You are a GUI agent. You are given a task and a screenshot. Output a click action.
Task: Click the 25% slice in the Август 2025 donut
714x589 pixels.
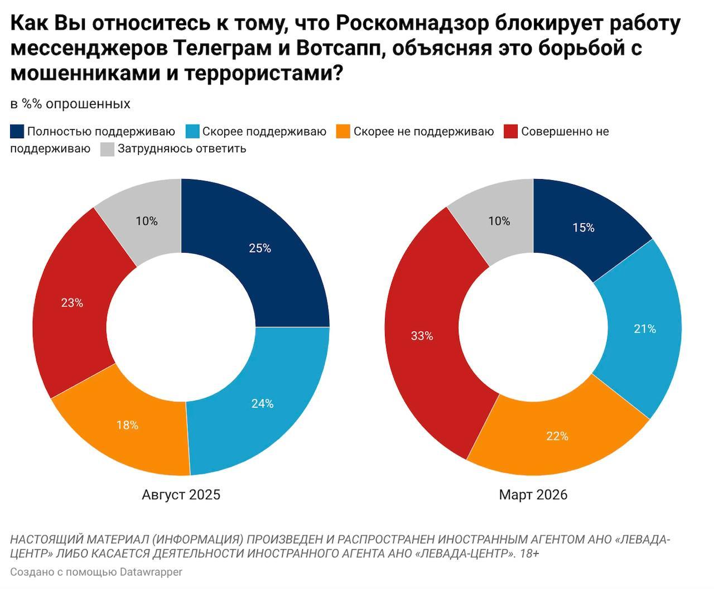260,249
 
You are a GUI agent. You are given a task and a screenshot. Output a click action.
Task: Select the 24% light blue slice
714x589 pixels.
262,403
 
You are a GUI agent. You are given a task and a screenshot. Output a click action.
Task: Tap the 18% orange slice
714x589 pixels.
127,425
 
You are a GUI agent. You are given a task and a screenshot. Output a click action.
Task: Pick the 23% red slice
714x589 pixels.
72,303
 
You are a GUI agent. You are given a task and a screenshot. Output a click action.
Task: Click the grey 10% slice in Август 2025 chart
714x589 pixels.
147,221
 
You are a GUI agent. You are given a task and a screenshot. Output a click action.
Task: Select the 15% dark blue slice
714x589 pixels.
583,228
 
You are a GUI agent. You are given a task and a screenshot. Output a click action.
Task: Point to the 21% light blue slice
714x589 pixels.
645,329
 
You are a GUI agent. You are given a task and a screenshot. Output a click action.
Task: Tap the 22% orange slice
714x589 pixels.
557,436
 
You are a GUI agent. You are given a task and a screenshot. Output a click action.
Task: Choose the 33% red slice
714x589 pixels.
422,336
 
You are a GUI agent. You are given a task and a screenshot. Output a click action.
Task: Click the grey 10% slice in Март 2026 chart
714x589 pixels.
499,221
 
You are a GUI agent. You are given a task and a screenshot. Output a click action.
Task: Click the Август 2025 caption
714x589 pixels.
181,495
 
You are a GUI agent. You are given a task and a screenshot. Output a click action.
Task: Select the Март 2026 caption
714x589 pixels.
533,495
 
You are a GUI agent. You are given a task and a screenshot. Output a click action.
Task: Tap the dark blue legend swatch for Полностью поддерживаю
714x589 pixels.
17,132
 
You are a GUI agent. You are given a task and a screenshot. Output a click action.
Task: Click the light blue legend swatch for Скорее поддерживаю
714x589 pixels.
192,132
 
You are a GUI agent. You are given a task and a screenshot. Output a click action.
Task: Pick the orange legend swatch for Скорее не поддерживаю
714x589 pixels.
344,132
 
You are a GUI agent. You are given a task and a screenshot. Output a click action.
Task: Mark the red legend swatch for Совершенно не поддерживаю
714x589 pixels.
511,132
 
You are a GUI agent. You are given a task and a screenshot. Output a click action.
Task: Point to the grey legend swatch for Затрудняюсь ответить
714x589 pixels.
108,149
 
